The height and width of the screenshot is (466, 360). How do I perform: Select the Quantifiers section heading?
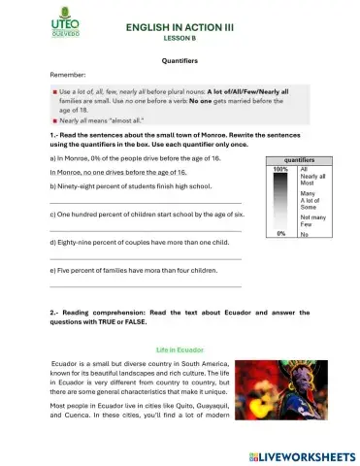[x=180, y=59]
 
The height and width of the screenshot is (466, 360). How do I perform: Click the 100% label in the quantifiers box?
[x=280, y=169]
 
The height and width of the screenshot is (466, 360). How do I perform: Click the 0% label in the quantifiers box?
[x=280, y=234]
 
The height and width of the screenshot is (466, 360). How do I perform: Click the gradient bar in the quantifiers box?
[x=280, y=201]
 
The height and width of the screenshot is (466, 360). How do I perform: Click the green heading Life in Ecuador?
[x=180, y=348]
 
